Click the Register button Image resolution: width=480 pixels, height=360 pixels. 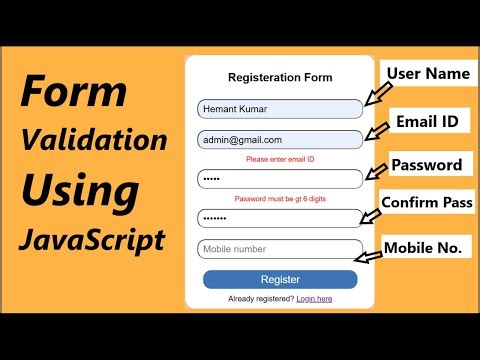280,279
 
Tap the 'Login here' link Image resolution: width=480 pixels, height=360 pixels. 314,299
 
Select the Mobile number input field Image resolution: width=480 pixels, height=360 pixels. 280,249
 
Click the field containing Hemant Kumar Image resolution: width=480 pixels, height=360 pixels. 280,109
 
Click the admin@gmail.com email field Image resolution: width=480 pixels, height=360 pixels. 280,140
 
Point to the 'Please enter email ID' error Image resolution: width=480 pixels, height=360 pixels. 280,159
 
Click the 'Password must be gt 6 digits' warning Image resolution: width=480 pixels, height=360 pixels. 280,198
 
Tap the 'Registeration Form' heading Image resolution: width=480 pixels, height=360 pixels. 280,77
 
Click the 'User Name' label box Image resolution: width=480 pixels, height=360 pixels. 425,75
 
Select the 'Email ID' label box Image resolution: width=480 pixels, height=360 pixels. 428,121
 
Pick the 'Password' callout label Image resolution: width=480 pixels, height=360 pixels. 426,165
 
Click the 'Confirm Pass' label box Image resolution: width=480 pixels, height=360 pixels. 427,203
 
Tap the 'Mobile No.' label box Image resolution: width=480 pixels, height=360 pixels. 426,245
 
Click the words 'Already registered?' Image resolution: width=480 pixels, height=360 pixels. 261,299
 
